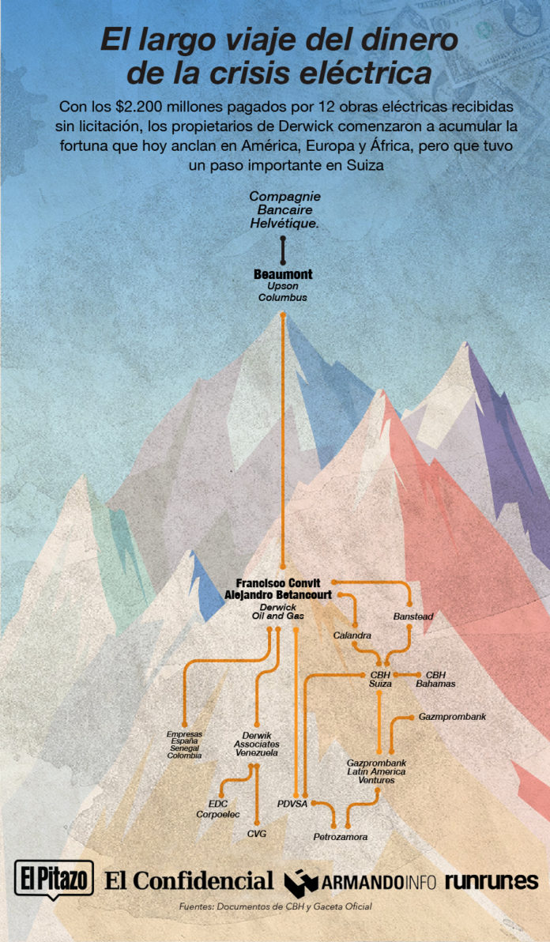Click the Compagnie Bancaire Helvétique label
[x=284, y=210]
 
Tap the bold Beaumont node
[x=283, y=274]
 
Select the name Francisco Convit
[x=283, y=582]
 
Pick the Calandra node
[x=352, y=635]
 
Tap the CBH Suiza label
[x=381, y=679]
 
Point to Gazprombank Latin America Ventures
[x=376, y=771]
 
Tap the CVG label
[x=257, y=834]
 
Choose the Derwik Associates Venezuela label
[x=256, y=744]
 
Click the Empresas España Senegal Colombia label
[x=184, y=744]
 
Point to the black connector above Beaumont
[x=283, y=251]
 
